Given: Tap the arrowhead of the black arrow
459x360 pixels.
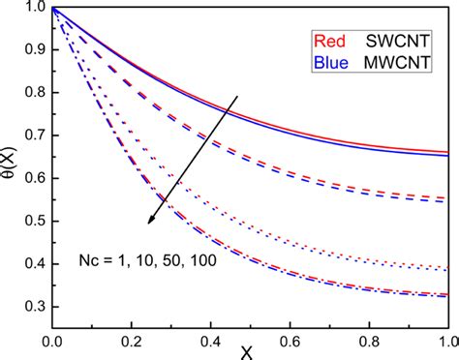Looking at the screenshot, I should [150, 222].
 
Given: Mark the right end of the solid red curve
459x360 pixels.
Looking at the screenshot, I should [446, 152].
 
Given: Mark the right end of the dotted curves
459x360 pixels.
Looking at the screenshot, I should [446, 269].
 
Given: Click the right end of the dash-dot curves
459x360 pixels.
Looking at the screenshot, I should [446, 295].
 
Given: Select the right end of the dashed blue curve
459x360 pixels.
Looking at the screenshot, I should [446, 201].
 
